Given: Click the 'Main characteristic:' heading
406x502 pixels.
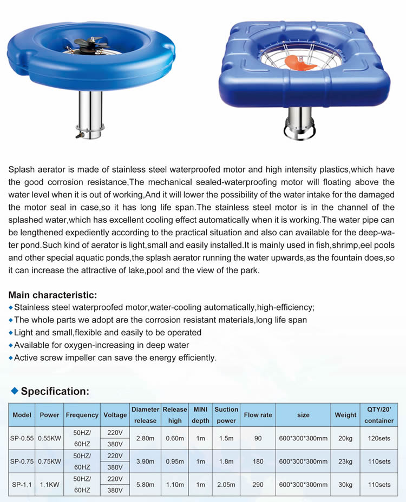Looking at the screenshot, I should click(x=53, y=295).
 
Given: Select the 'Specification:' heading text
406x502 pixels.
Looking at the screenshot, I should click(x=55, y=391).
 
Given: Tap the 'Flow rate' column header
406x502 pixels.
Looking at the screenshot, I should click(x=258, y=415).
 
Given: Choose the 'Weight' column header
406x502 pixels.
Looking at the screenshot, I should click(x=345, y=415).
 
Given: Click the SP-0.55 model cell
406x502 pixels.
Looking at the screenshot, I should click(x=22, y=438).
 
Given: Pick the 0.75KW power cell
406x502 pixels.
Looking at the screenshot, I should click(x=49, y=461).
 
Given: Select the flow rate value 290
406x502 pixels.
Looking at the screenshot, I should click(x=258, y=485).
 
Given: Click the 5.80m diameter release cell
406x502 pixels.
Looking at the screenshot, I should click(x=145, y=485).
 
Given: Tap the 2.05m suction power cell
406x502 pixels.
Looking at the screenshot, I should click(x=226, y=485).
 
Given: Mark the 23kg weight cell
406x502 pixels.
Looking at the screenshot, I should click(x=345, y=461).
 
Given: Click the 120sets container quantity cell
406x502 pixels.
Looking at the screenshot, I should click(x=379, y=438).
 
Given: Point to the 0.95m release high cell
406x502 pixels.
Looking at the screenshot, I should click(x=175, y=461).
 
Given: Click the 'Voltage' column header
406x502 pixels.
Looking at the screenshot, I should click(x=115, y=415).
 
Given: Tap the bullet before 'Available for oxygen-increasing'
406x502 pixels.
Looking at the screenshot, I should click(x=11, y=346).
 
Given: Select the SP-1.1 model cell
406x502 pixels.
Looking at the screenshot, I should click(x=22, y=485).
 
